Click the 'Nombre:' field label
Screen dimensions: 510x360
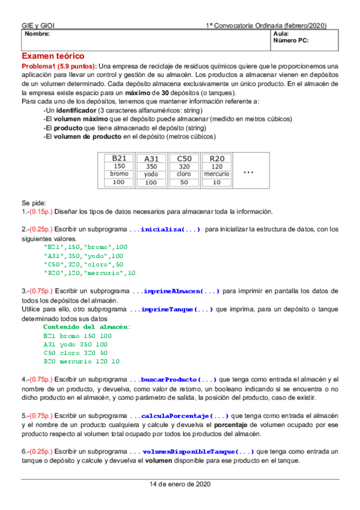click(x=36, y=34)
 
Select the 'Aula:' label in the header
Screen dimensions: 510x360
click(x=281, y=34)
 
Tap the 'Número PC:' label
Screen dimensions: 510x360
click(x=291, y=41)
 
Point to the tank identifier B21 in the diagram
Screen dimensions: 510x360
click(x=119, y=158)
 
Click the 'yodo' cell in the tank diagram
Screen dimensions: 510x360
click(x=151, y=174)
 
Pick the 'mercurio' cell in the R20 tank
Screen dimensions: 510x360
click(x=216, y=174)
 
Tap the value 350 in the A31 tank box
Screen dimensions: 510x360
click(x=151, y=167)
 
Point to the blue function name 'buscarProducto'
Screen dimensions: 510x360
click(x=178, y=379)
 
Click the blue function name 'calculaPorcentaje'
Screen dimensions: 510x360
click(x=184, y=416)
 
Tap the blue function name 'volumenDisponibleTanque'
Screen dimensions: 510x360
click(x=198, y=451)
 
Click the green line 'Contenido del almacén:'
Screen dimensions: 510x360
click(x=87, y=327)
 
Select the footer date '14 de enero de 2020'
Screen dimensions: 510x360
click(x=180, y=484)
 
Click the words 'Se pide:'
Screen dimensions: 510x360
click(x=34, y=203)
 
